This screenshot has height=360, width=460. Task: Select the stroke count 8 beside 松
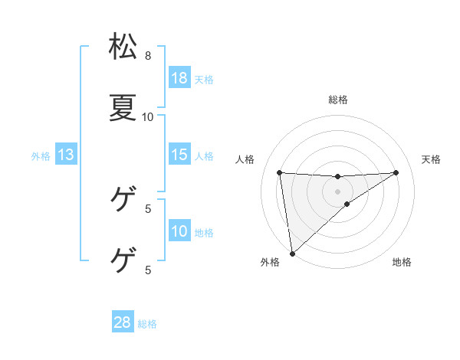(x=148, y=56)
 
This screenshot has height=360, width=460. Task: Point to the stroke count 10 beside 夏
(x=148, y=117)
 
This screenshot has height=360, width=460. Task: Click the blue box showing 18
(x=179, y=78)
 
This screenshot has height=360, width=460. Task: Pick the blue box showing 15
(x=179, y=155)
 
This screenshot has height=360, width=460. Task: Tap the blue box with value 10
(x=179, y=231)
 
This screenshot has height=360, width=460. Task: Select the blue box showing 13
(x=66, y=155)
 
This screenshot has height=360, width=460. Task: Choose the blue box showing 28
(x=123, y=322)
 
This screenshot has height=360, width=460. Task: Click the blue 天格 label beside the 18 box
(x=204, y=79)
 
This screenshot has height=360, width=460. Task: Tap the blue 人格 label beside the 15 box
(x=204, y=155)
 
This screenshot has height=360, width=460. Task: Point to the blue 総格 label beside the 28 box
(x=147, y=323)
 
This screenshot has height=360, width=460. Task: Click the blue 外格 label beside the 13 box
(x=41, y=155)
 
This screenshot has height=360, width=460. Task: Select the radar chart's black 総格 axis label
(x=338, y=100)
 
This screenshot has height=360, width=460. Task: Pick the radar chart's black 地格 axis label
(x=402, y=262)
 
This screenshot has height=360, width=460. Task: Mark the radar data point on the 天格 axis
(x=396, y=172)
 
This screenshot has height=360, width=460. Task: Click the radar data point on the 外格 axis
(x=291, y=254)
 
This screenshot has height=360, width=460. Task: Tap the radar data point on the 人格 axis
(x=280, y=172)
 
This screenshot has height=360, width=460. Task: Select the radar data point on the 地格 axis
(x=347, y=204)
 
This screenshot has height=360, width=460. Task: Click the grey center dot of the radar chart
(x=338, y=191)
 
